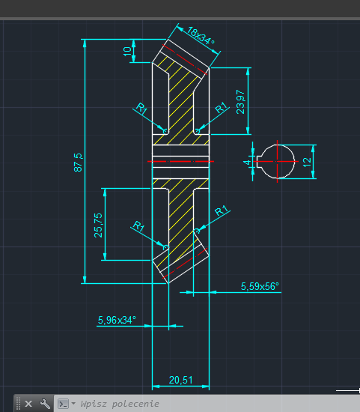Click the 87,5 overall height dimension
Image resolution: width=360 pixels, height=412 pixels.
[x=78, y=163]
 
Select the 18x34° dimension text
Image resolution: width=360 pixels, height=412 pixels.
[x=201, y=36]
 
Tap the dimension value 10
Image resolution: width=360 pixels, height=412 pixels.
[x=127, y=51]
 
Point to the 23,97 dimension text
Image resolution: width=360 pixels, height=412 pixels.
[x=240, y=102]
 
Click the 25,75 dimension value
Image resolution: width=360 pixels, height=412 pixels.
[x=98, y=225]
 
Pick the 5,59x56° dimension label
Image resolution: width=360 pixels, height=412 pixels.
[x=260, y=286]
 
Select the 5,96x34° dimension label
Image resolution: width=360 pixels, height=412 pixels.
[x=117, y=320]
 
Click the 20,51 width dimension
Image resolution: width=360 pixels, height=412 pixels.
[x=180, y=380]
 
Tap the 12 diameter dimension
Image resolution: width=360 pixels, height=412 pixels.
[x=307, y=162]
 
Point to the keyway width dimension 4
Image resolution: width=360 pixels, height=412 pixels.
[x=247, y=163]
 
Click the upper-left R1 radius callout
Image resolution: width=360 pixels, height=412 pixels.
[x=141, y=109]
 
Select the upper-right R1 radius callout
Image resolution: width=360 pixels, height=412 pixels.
[x=221, y=107]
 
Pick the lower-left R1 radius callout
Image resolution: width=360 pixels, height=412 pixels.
[x=138, y=226]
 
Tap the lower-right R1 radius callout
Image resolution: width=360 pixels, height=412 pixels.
[x=222, y=210]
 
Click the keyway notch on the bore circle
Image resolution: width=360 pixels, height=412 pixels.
[x=259, y=162]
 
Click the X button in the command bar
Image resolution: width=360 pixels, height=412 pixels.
[x=28, y=404]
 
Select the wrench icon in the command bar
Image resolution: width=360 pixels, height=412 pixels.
[x=45, y=404]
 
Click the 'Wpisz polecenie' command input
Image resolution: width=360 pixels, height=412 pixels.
[x=120, y=404]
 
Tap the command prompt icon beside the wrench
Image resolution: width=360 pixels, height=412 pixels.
[x=64, y=404]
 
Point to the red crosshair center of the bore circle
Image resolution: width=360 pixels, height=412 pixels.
[x=277, y=162]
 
